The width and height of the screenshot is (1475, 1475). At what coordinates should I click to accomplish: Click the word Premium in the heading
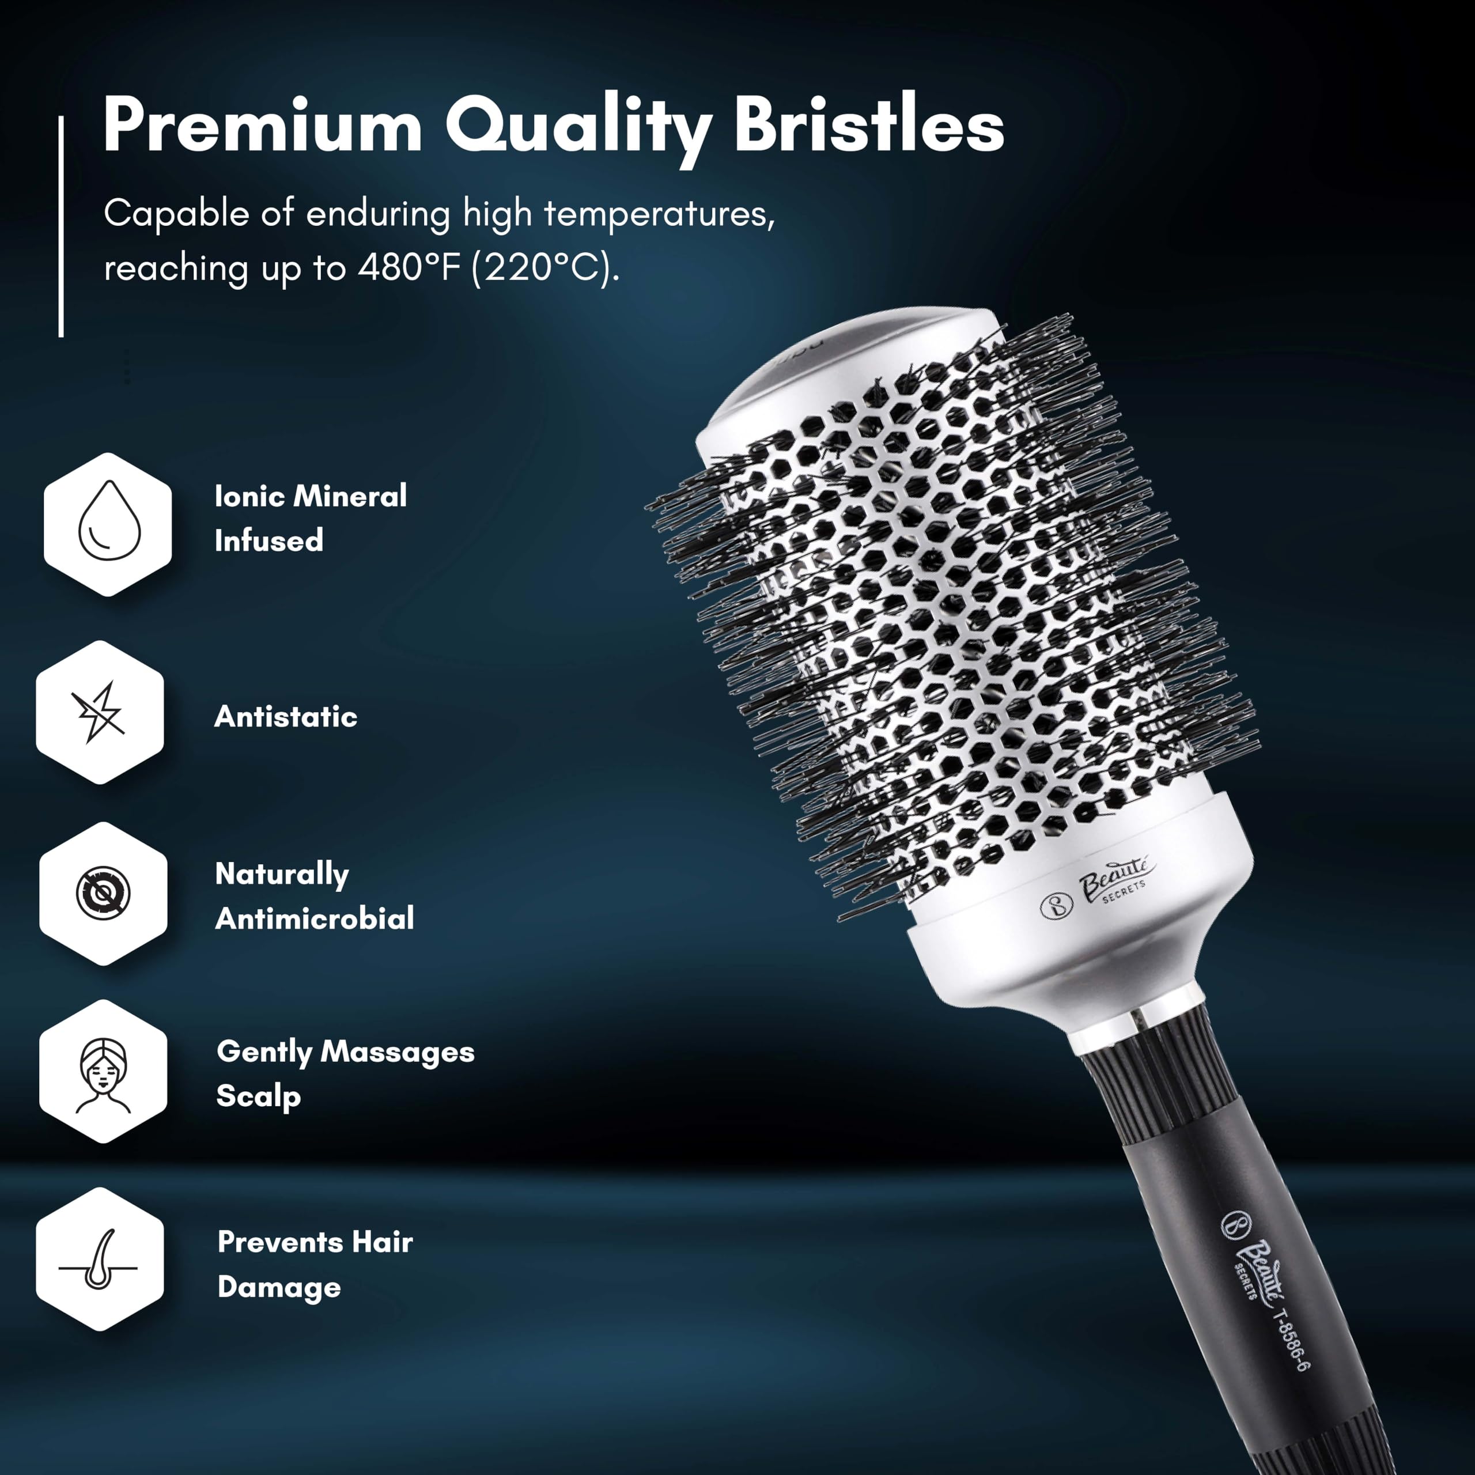pyautogui.click(x=263, y=125)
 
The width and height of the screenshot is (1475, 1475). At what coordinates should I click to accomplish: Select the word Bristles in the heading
pyautogui.click(x=869, y=124)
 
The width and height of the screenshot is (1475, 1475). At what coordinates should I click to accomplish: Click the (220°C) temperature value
pyautogui.click(x=546, y=268)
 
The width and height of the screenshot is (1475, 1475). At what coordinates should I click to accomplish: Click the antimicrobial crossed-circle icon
pyautogui.click(x=103, y=892)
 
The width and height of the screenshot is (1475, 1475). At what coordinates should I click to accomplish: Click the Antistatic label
pyautogui.click(x=286, y=716)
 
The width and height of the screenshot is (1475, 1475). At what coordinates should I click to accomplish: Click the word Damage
pyautogui.click(x=279, y=1287)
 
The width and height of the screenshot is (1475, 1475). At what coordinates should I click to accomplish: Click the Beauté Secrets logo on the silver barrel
pyautogui.click(x=1099, y=888)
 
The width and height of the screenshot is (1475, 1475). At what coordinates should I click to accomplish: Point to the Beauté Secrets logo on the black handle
pyautogui.click(x=1252, y=1257)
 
